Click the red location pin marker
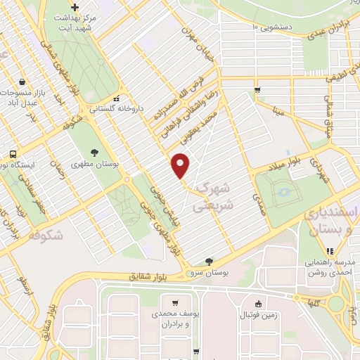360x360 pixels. tap(181, 165)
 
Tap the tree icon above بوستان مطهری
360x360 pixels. tap(95, 151)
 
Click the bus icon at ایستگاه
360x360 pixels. tap(13, 154)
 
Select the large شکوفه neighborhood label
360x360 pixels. tap(44, 236)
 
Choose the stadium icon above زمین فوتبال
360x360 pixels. tap(259, 304)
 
